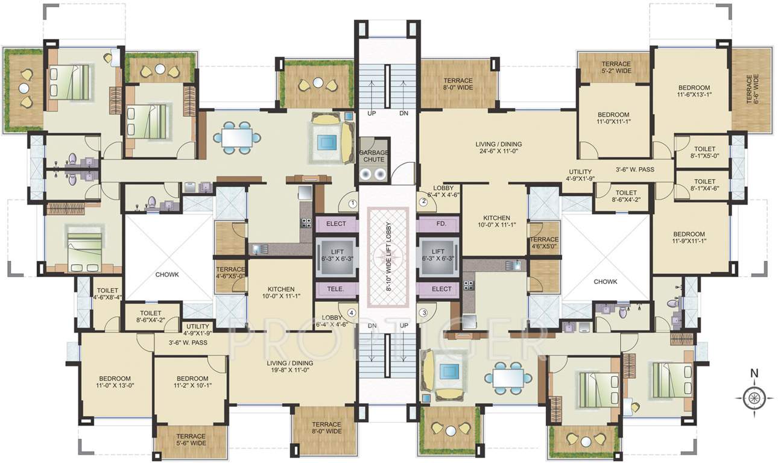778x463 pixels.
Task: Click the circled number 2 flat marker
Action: [x=423, y=202]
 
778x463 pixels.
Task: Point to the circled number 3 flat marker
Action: [x=423, y=312]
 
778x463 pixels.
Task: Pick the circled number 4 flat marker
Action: [x=350, y=312]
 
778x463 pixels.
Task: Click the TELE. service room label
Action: [x=336, y=289]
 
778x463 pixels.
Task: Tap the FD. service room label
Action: [x=441, y=224]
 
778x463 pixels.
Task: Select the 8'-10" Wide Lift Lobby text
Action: [x=388, y=250]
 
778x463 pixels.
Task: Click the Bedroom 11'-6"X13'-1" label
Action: [x=693, y=90]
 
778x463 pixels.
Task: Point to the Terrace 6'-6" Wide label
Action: [x=751, y=89]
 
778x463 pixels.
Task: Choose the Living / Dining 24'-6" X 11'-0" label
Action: [x=498, y=148]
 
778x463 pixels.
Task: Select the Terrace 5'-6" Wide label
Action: [x=191, y=439]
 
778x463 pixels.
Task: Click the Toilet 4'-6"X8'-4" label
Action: [x=107, y=294]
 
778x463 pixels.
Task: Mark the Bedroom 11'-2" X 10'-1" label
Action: [x=192, y=381]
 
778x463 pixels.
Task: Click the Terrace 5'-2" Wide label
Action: [x=616, y=68]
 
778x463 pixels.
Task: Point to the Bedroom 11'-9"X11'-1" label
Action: [x=689, y=238]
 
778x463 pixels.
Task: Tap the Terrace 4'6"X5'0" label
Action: [x=544, y=243]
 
